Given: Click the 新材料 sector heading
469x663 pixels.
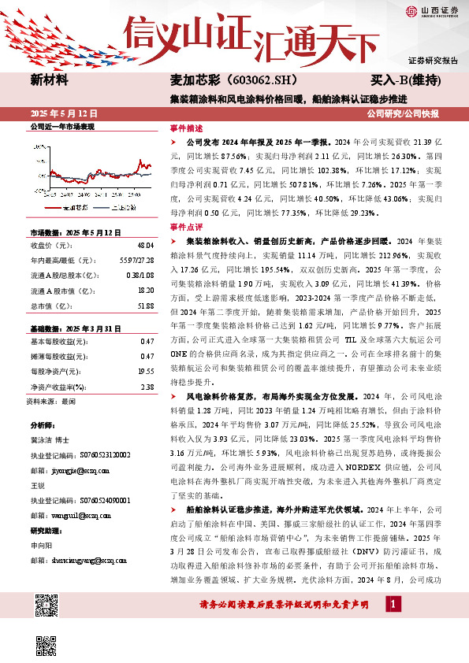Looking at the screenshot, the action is tap(50, 80).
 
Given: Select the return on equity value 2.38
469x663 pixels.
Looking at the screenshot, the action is tap(147, 387).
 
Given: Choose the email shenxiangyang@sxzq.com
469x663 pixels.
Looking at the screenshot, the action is tap(84, 561).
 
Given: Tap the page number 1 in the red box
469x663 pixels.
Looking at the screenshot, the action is tap(393, 625).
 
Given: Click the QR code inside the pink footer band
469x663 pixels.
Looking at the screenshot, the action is tap(47, 607).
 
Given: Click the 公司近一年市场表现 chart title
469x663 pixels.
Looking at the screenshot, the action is tap(62, 126).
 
